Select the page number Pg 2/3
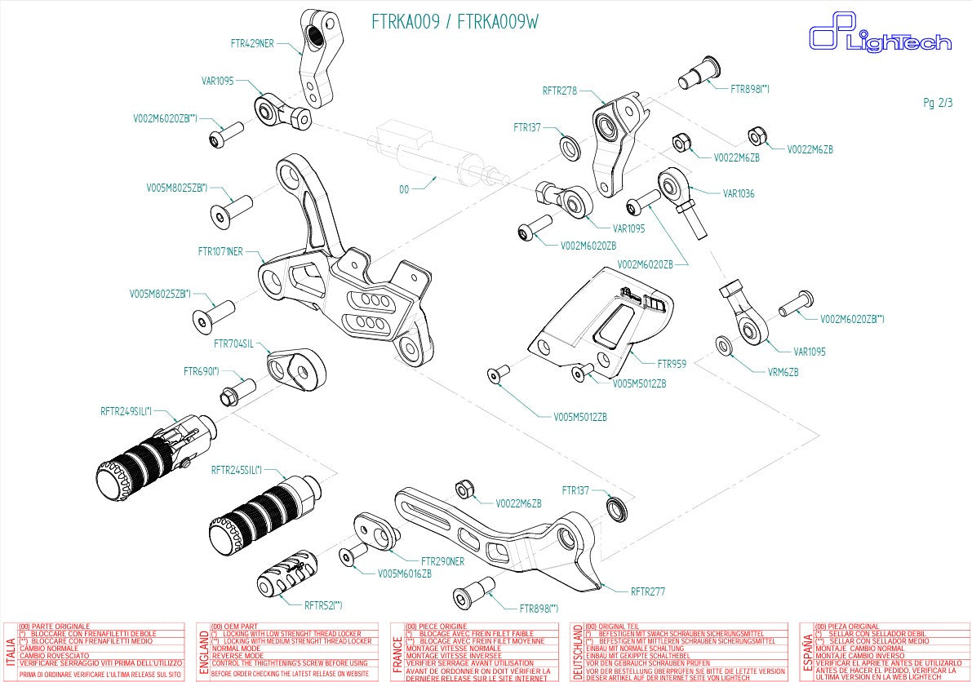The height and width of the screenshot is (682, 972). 938,103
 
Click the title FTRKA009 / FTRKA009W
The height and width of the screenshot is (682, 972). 455,23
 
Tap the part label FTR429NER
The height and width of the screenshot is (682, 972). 252,43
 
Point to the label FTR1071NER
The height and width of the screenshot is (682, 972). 220,251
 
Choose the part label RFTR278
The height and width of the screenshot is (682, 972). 560,91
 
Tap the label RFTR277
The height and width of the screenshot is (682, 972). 648,591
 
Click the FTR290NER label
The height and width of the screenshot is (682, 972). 442,561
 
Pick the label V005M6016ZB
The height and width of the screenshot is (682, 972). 404,573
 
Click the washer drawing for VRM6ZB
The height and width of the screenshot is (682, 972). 724,346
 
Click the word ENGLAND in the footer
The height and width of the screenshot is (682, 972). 203,651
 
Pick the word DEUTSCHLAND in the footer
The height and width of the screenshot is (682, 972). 578,652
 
